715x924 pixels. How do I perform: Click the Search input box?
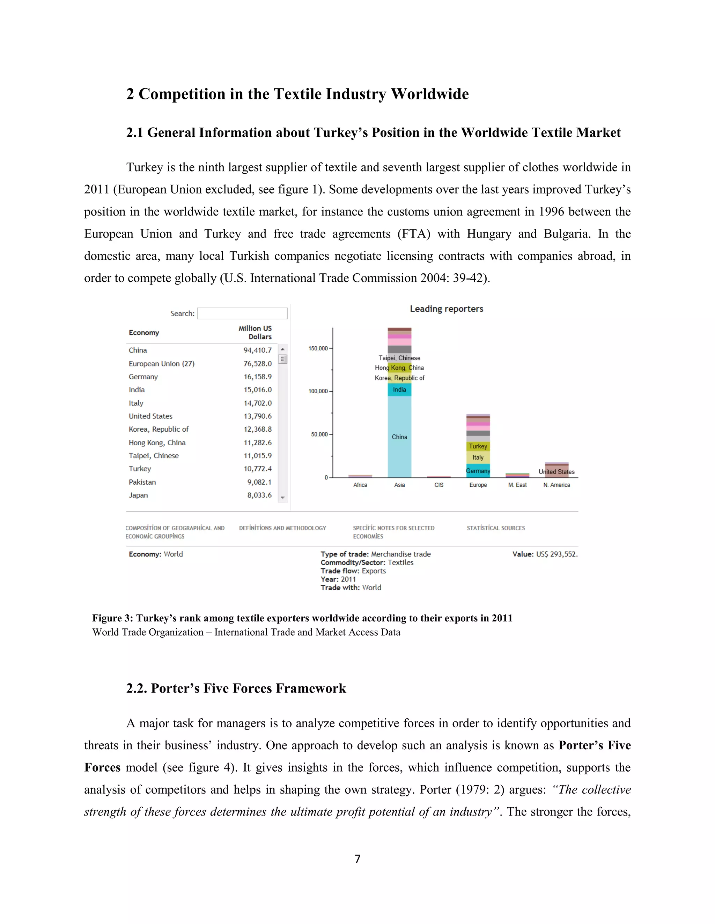click(242, 313)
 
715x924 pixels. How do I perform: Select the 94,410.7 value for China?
click(258, 350)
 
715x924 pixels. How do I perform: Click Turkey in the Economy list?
click(140, 469)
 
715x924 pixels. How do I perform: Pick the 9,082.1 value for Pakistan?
click(259, 482)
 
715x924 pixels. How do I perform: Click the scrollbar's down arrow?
click(283, 498)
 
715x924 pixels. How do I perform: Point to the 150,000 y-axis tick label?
click(318, 348)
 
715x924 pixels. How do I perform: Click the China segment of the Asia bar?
click(399, 437)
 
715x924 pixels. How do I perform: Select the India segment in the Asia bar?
click(399, 390)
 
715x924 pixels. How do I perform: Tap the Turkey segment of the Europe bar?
click(478, 446)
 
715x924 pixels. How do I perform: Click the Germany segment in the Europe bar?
click(478, 471)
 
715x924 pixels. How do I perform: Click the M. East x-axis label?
click(517, 485)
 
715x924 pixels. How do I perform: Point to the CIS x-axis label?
click(439, 485)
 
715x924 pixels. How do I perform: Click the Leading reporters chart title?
click(447, 309)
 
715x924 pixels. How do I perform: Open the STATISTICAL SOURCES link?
click(496, 528)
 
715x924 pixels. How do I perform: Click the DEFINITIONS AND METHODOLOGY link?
click(282, 528)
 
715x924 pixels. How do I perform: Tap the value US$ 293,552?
click(556, 554)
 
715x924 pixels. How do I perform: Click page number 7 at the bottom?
click(357, 859)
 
